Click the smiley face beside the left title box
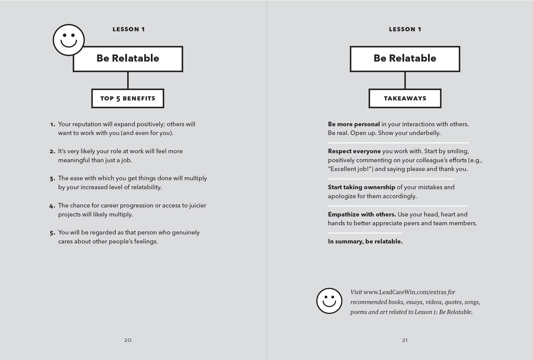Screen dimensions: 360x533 pos(69,40)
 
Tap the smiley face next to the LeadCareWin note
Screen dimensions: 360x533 pos(329,301)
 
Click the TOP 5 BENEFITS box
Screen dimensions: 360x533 pos(128,98)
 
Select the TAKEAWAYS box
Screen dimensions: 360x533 pos(405,98)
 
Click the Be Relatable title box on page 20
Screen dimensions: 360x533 pos(128,59)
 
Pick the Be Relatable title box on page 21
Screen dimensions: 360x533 pos(405,59)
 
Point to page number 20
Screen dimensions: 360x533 pos(128,340)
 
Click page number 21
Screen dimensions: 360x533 pos(405,340)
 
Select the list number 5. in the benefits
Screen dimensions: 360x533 pos(52,233)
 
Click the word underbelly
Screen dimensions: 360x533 pos(425,133)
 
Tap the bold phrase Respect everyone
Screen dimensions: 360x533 pos(354,151)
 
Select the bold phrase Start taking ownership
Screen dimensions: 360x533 pos(361,187)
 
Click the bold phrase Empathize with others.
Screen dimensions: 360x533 pos(362,214)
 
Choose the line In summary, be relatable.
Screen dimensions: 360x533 pos(365,242)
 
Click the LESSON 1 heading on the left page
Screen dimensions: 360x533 pos(128,30)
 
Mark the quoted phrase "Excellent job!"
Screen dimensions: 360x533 pos(351,169)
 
